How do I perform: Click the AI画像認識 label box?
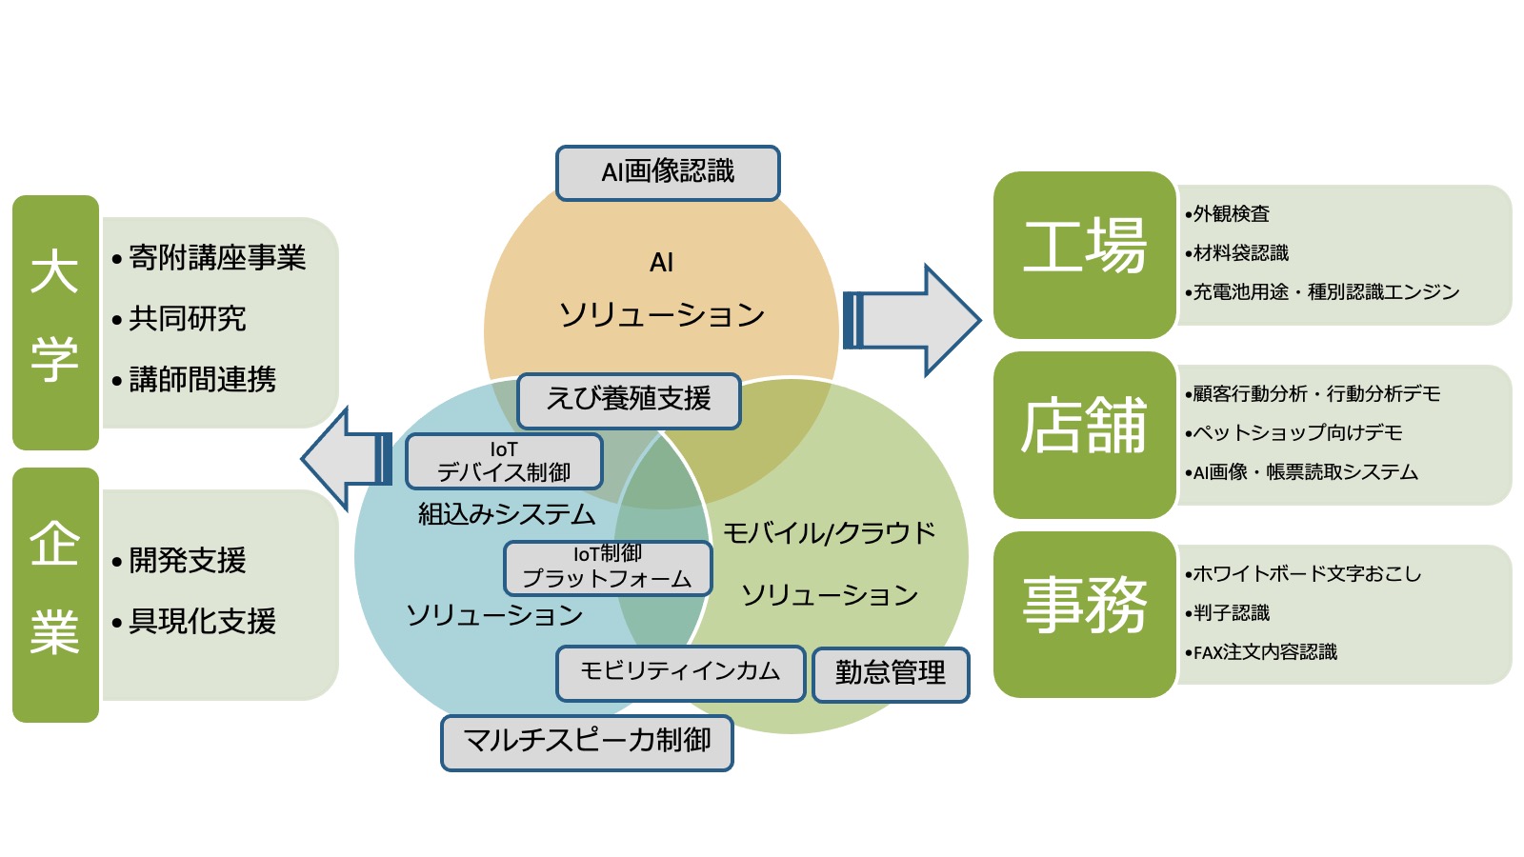coord(668,172)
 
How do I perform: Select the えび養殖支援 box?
coord(629,400)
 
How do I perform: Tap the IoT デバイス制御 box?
coord(504,462)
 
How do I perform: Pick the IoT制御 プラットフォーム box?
coord(608,568)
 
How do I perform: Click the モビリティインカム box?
coord(680,672)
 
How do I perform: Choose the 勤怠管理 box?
coord(891,674)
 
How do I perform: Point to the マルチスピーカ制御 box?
coord(587,742)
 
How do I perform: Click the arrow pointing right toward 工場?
coord(912,320)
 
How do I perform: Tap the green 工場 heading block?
coord(1084,254)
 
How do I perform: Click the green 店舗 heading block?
coord(1084,434)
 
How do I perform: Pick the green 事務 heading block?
coord(1084,614)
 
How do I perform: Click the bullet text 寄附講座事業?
coord(217,258)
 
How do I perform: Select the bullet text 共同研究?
coord(188,319)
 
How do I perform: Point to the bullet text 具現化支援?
coord(202,622)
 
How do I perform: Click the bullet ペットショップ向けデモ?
coord(1297,433)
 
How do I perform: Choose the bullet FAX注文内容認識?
coord(1265,652)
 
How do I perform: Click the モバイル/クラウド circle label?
coord(829,533)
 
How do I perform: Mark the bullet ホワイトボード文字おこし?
coord(1307,574)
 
